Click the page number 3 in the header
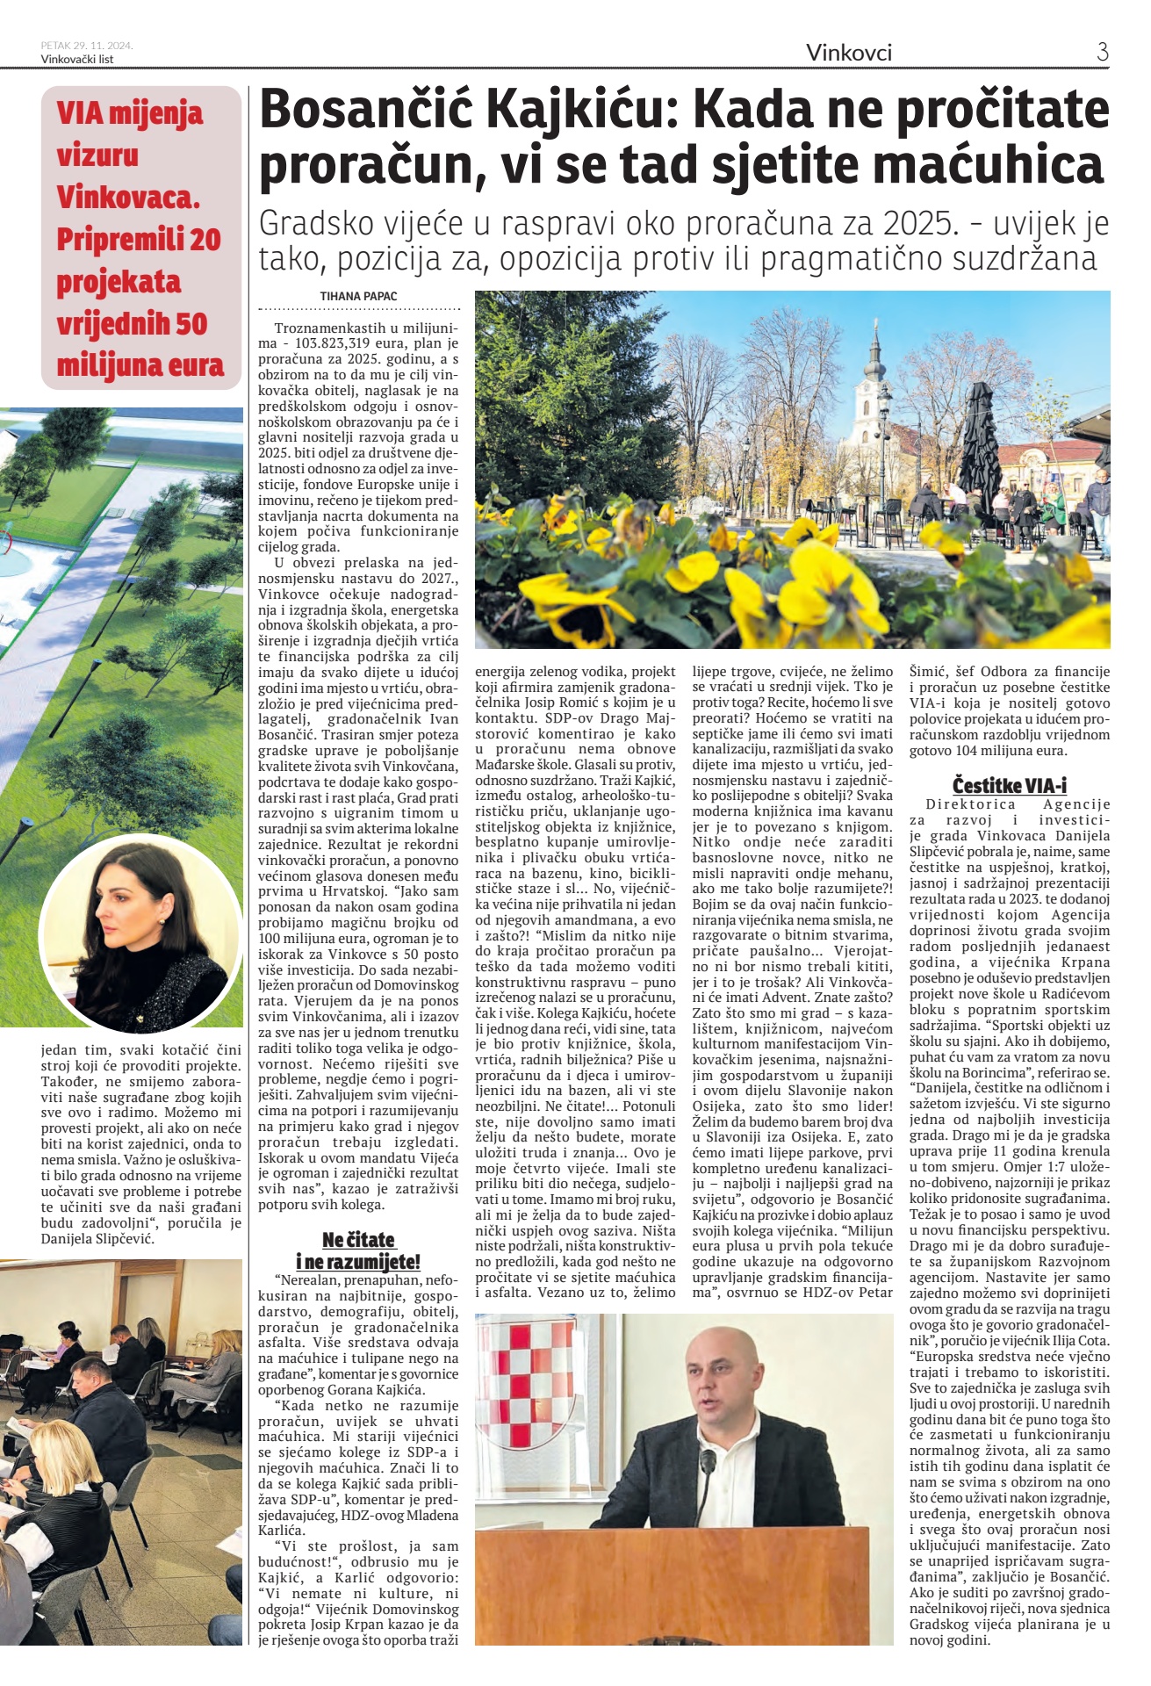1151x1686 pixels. [1102, 52]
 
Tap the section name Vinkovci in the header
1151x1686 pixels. [849, 53]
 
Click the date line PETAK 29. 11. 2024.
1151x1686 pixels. [87, 45]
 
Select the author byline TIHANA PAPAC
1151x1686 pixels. [358, 296]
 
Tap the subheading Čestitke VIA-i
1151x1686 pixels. [1010, 785]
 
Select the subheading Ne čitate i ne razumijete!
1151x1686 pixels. [358, 1250]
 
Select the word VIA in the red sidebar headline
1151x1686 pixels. [81, 113]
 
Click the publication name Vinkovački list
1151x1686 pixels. [77, 59]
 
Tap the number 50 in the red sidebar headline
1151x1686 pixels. [190, 323]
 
